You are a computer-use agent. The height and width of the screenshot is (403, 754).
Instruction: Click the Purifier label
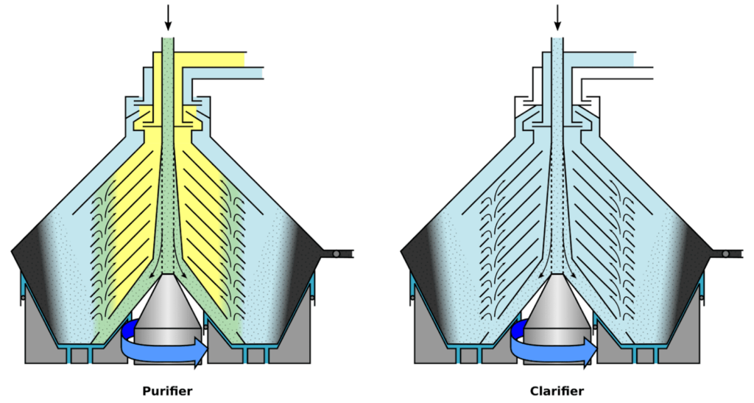tap(168, 391)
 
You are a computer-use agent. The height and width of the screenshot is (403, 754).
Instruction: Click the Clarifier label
tap(557, 391)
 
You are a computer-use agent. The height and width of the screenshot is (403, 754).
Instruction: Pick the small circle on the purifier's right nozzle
tap(335, 253)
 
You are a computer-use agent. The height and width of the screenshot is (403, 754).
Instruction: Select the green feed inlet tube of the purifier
tap(168, 88)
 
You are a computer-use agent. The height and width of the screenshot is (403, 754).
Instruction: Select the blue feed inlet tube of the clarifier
tap(557, 88)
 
